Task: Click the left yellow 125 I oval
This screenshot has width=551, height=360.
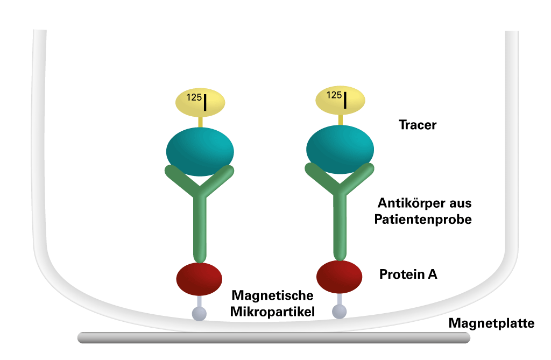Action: pyautogui.click(x=201, y=102)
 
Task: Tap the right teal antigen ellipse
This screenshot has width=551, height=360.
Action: pyautogui.click(x=340, y=149)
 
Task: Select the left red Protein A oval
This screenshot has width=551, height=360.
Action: pyautogui.click(x=199, y=279)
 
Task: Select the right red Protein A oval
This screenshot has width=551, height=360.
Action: pyautogui.click(x=339, y=277)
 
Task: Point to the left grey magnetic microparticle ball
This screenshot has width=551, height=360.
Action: pyautogui.click(x=199, y=313)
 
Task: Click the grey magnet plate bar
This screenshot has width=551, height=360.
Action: pyautogui.click(x=273, y=337)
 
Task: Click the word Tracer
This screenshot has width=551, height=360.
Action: pyautogui.click(x=417, y=125)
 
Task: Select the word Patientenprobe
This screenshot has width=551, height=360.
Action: pyautogui.click(x=425, y=220)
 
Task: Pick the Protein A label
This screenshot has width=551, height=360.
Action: pyautogui.click(x=408, y=274)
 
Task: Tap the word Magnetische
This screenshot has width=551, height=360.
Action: pyautogui.click(x=272, y=295)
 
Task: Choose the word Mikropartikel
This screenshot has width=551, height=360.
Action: pyautogui.click(x=272, y=311)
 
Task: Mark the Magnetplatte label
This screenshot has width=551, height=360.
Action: pyautogui.click(x=491, y=323)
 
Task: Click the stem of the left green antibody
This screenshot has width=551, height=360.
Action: pyautogui.click(x=200, y=231)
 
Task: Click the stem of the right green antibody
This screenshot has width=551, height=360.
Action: pyautogui.click(x=340, y=229)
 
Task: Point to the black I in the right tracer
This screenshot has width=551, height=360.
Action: pyautogui.click(x=344, y=100)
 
